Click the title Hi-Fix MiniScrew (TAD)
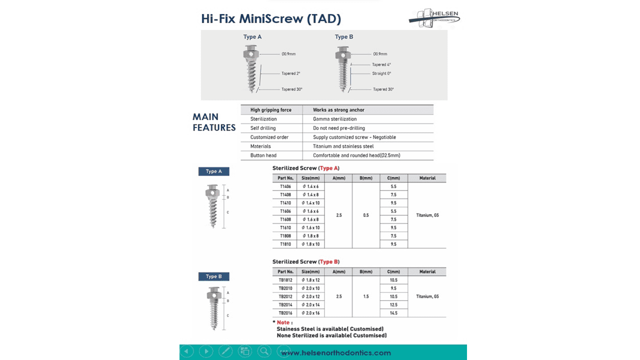coord(271,19)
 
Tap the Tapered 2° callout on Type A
coord(290,73)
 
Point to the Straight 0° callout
coord(381,73)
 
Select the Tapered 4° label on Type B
coord(381,64)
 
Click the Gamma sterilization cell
coord(334,119)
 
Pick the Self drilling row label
coord(263,128)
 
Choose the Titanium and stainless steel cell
coord(343,146)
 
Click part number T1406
coord(285,186)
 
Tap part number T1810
coord(285,244)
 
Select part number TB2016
coord(285,313)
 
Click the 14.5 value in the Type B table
coord(393,313)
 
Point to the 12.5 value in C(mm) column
coord(393,304)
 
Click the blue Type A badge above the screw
coord(213,171)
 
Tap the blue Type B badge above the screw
coord(213,276)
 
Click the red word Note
coord(283,322)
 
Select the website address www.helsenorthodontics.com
coord(335,353)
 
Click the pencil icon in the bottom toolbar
coord(225,351)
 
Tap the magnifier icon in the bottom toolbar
coord(264,351)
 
